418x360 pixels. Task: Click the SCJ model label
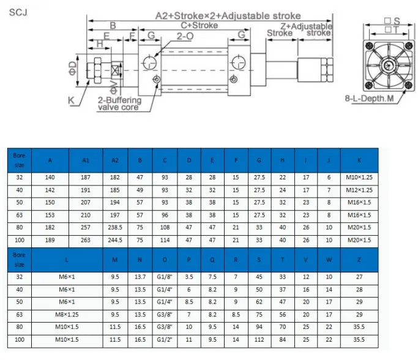18,12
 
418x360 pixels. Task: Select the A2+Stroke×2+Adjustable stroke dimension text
228,16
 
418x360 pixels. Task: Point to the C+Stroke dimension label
200,25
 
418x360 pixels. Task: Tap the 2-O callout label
185,36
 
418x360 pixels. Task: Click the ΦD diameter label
73,69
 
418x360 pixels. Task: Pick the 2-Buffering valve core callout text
119,103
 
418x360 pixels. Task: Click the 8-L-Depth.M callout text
369,99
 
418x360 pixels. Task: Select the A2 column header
115,160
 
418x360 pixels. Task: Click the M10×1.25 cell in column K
359,178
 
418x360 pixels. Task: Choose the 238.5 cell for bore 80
115,228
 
